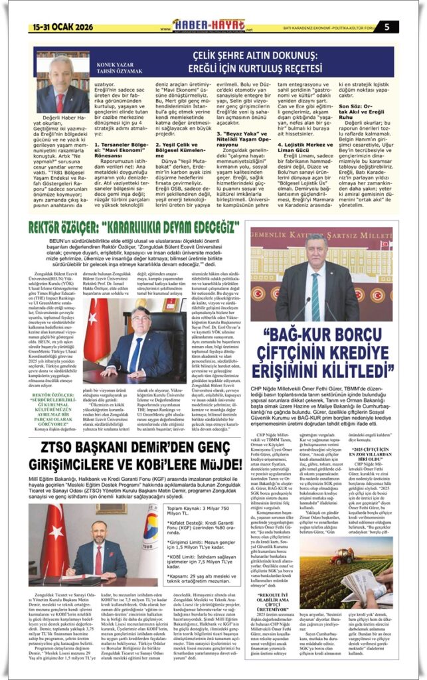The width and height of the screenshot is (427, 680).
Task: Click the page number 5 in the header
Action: (x=404, y=26)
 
